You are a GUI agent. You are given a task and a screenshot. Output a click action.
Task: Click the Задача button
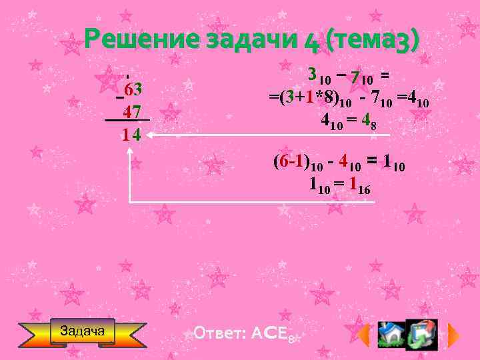point(83,331)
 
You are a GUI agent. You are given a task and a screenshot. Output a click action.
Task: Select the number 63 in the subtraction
point(131,89)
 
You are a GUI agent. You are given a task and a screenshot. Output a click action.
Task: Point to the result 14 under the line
point(131,135)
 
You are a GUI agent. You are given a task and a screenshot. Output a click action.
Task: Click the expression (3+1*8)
point(308,99)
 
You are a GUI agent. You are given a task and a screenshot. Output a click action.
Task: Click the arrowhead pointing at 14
point(149,135)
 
